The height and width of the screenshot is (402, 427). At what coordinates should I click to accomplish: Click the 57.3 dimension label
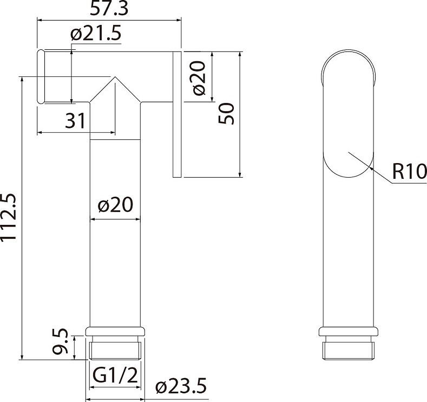pyautogui.click(x=109, y=9)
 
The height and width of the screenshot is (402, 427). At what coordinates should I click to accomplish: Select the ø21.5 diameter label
pyautogui.click(x=96, y=34)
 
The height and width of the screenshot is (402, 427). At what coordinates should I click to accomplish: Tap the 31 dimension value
pyautogui.click(x=75, y=120)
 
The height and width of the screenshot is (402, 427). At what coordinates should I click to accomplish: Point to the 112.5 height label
pyautogui.click(x=9, y=217)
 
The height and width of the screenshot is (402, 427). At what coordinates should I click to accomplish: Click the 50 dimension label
pyautogui.click(x=226, y=113)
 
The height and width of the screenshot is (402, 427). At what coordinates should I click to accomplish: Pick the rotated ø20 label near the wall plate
pyautogui.click(x=199, y=78)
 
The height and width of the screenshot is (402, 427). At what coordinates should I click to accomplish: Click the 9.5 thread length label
pyautogui.click(x=60, y=341)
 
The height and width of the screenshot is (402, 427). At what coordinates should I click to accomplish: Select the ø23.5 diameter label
pyautogui.click(x=181, y=386)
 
